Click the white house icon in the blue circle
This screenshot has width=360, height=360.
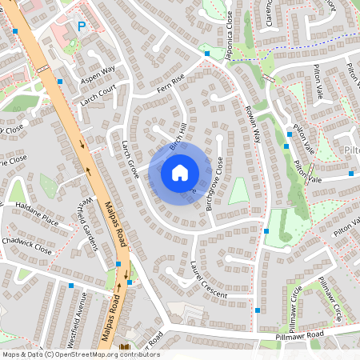click(180, 173)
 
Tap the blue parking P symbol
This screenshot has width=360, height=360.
click(81, 26)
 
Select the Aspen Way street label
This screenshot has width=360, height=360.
click(98, 70)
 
